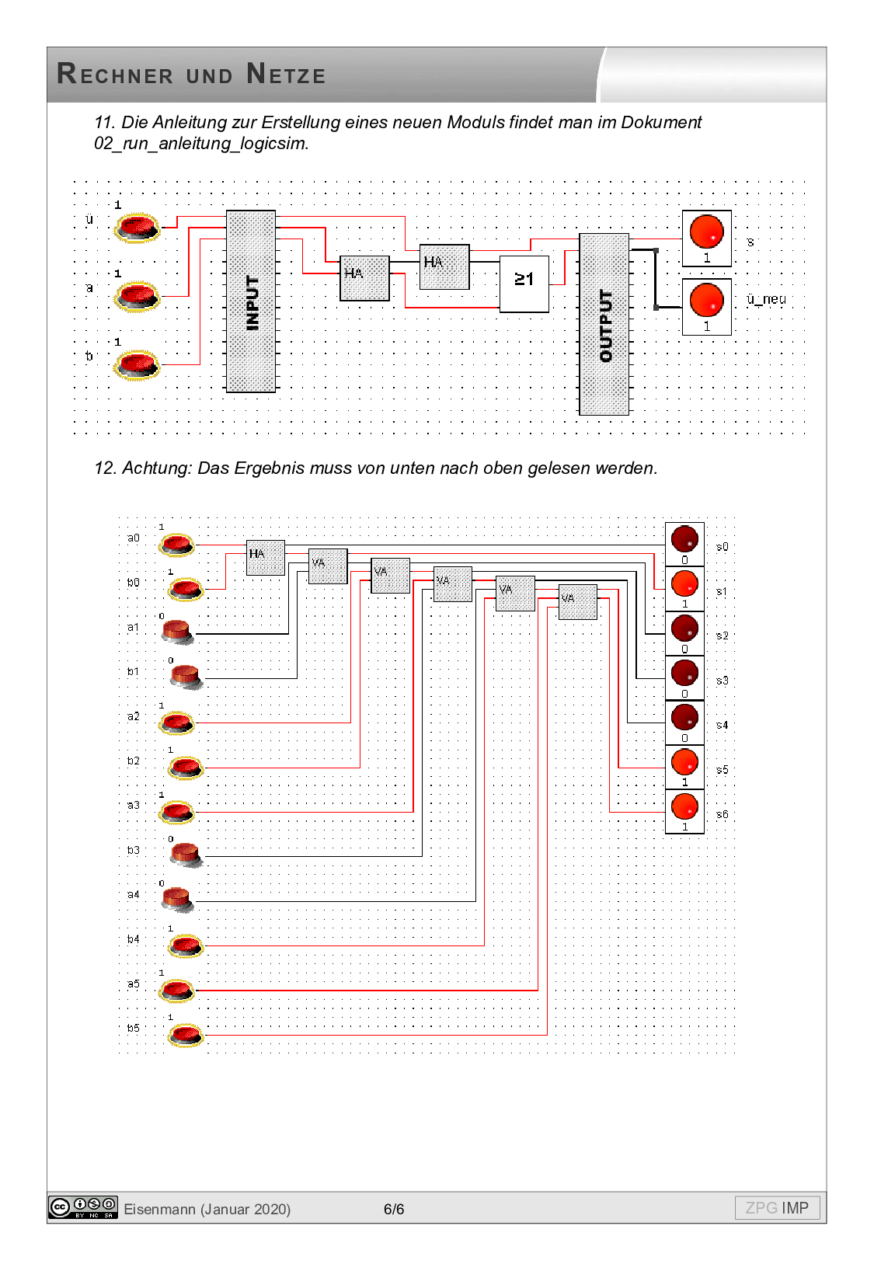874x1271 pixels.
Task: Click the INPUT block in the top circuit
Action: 250,301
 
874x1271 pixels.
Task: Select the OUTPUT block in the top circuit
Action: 604,324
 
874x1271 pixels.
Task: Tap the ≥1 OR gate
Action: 524,284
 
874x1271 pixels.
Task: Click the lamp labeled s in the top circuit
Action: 706,232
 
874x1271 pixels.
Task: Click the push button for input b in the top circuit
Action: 137,364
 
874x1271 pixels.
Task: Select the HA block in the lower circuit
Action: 265,558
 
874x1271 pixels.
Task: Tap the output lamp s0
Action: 684,539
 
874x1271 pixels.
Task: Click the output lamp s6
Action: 684,807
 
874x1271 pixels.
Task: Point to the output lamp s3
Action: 684,673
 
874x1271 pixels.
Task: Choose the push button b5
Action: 186,1035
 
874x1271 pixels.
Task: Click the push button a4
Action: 177,900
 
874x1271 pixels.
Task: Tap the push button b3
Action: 186,855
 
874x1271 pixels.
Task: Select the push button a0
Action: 177,544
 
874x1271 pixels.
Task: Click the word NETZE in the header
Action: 286,75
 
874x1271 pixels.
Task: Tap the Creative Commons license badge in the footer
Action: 82,1207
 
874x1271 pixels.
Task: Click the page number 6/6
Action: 394,1209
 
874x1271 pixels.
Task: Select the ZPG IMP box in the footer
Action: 777,1208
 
